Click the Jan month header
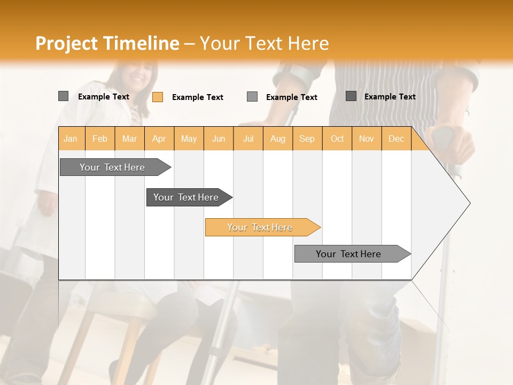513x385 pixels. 71,138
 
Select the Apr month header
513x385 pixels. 159,138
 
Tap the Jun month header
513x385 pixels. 219,138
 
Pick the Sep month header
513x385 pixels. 307,138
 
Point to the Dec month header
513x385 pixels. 396,138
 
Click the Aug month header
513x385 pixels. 277,138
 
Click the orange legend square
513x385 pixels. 158,97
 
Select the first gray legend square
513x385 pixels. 63,96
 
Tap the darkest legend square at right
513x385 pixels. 351,96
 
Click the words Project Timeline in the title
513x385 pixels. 107,43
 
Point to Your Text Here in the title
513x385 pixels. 265,43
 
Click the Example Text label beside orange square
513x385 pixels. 197,97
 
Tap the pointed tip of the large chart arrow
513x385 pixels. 469,203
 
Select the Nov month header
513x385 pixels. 367,138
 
